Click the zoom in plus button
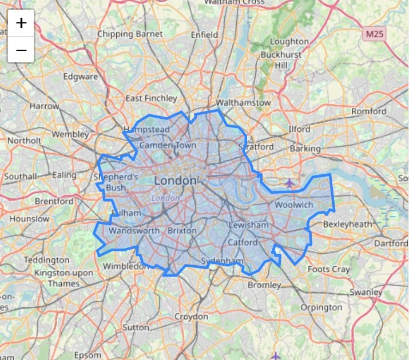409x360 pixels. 21,23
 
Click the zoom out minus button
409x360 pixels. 21,50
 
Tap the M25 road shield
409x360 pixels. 375,34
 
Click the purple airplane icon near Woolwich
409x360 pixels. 289,183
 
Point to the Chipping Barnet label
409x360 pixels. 130,34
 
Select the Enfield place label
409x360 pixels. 204,35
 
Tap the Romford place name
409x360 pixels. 369,111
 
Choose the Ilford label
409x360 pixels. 299,129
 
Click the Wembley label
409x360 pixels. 70,135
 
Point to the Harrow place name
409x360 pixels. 44,106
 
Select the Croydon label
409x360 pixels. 191,317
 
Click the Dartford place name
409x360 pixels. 391,243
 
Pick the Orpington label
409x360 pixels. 321,307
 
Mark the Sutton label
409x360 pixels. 136,328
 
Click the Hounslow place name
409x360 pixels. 29,219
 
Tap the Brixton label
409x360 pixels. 182,231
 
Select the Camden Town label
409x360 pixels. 168,146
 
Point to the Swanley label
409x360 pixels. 366,292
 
